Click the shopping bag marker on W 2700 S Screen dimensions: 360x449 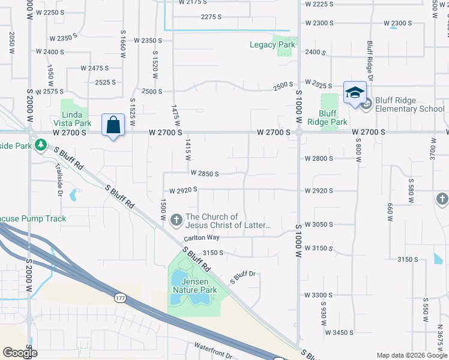[x=113, y=125]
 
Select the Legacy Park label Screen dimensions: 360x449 [x=273, y=44]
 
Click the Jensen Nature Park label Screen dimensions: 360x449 [x=194, y=286]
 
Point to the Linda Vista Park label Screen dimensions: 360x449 [x=76, y=119]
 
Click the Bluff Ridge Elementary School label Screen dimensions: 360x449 [x=410, y=104]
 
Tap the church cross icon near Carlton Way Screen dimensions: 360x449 [x=176, y=221]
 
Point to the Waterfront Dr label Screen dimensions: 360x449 [x=213, y=351]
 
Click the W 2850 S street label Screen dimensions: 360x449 [x=205, y=173]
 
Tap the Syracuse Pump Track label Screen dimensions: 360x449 [x=33, y=219]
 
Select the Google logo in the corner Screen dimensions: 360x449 [x=20, y=353]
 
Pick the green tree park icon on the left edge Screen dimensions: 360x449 [x=40, y=145]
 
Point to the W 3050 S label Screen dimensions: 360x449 [x=319, y=224]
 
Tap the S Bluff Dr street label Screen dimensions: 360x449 [x=243, y=277]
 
